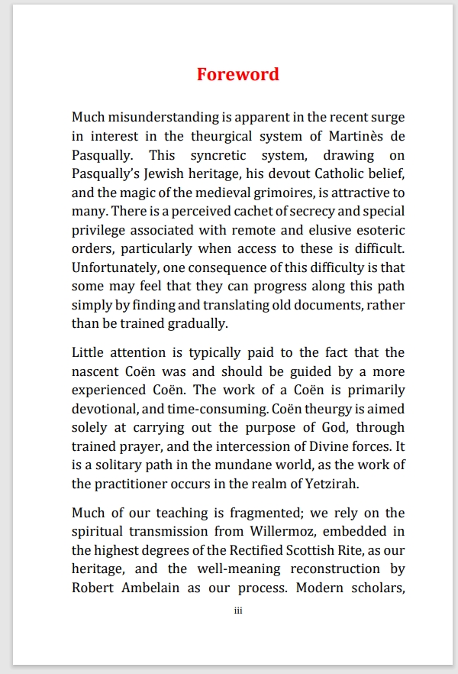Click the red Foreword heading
click(x=237, y=74)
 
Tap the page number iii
click(x=237, y=611)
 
